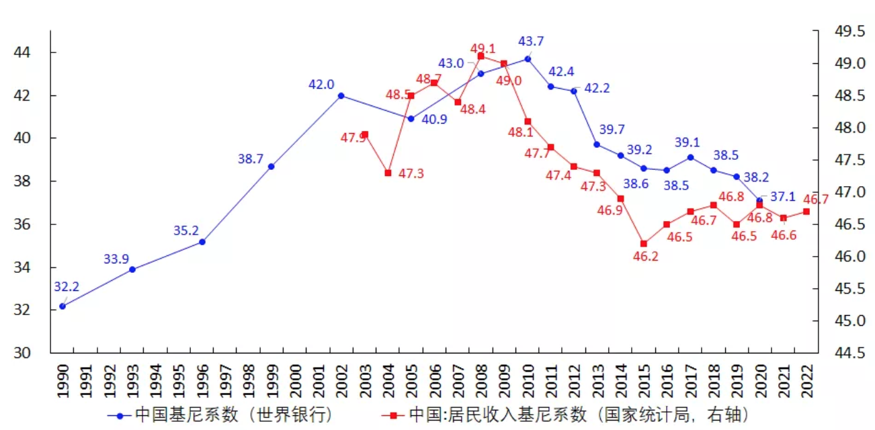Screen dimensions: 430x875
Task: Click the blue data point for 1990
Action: point(62,306)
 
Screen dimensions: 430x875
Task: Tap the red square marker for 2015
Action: point(643,243)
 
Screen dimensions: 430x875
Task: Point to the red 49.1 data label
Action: point(483,48)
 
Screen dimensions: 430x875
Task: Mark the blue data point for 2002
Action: point(341,95)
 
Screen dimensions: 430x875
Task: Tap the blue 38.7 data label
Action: point(251,159)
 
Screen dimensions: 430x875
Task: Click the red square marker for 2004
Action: point(388,173)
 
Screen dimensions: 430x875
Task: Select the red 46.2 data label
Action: point(645,256)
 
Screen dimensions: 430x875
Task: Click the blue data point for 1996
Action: point(202,241)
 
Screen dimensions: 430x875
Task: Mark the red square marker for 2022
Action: point(806,211)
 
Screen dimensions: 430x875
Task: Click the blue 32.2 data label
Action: point(67,287)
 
